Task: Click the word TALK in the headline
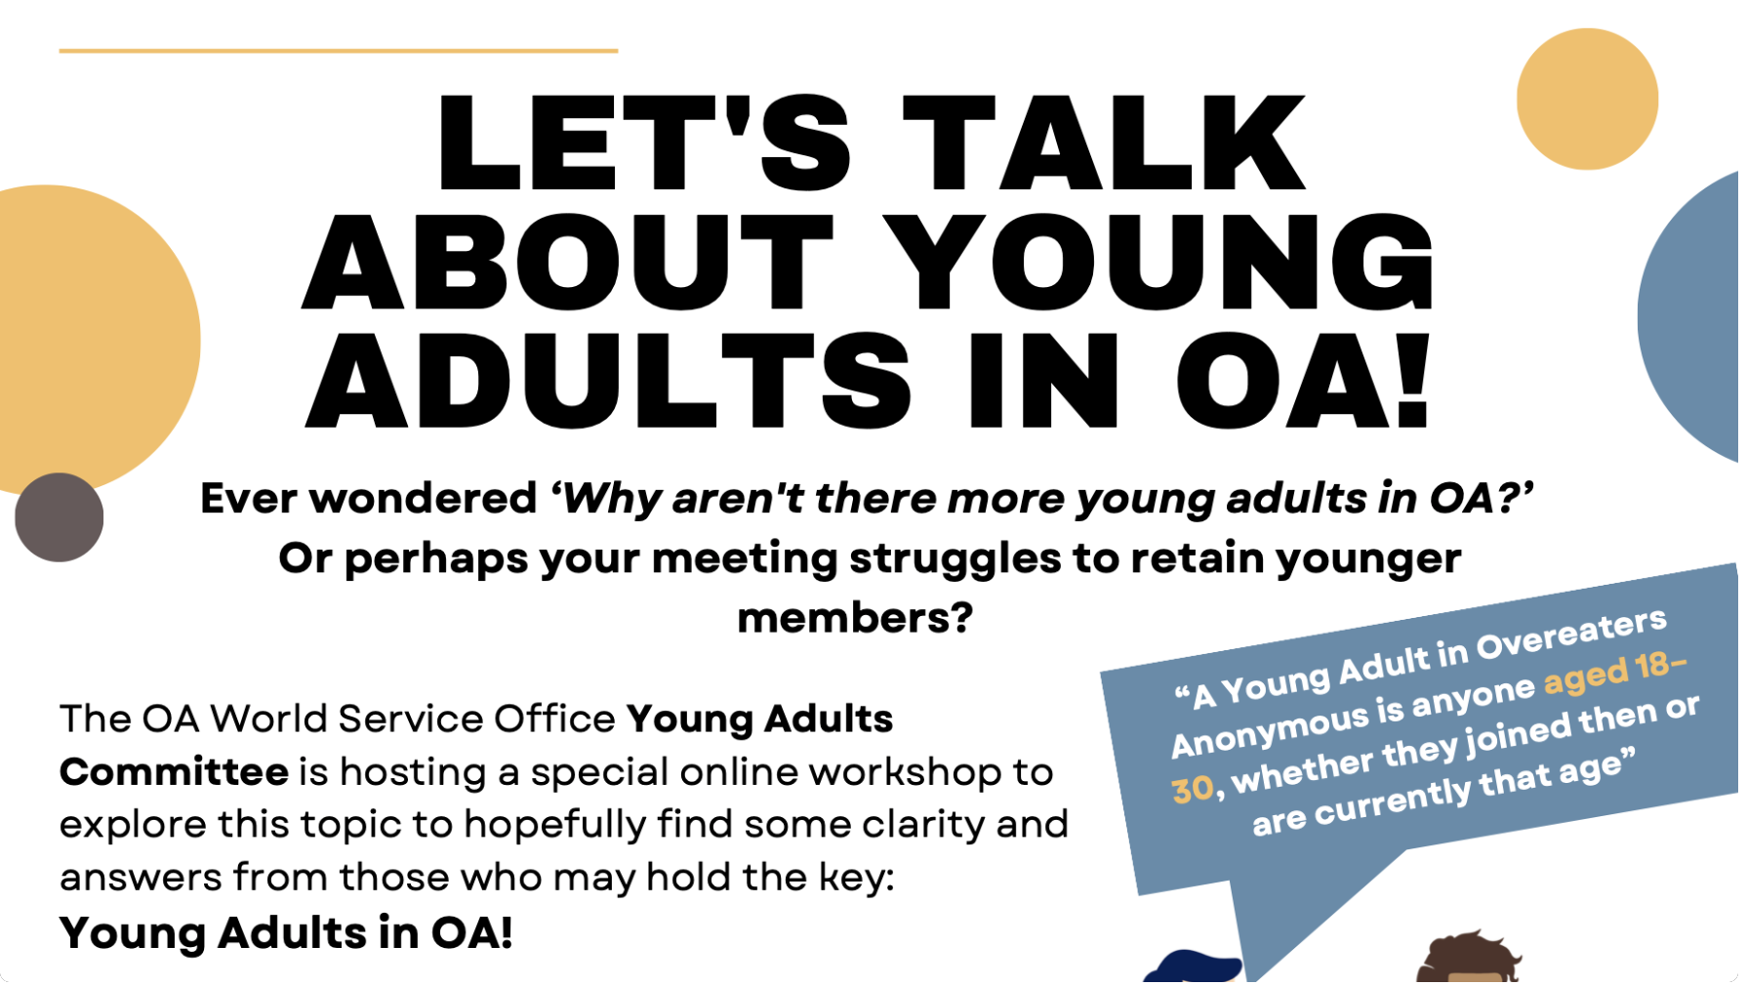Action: point(1105,144)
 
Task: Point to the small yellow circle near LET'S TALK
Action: point(1587,99)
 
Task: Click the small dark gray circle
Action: point(60,517)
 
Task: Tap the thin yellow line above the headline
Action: point(338,50)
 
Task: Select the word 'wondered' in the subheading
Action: point(424,499)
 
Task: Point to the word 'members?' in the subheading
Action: point(855,618)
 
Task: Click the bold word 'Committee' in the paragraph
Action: point(174,772)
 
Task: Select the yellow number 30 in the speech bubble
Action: point(1193,789)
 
